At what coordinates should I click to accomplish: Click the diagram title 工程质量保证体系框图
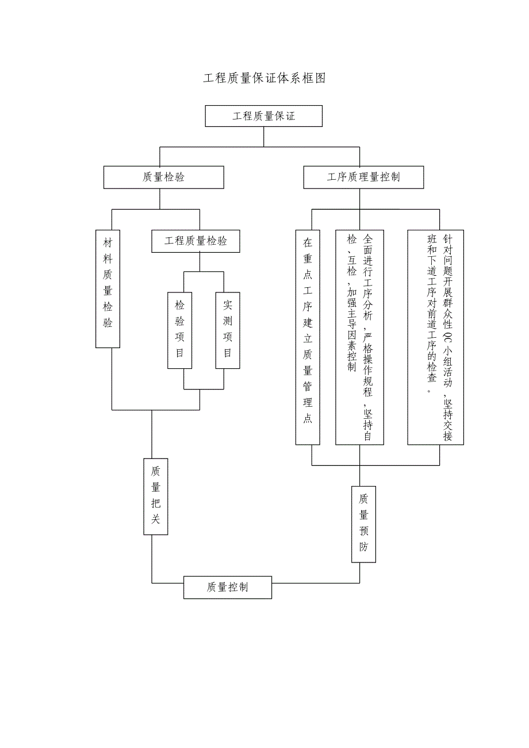(x=264, y=79)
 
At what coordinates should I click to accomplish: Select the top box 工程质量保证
(x=264, y=116)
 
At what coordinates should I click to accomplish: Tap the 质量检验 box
(x=164, y=178)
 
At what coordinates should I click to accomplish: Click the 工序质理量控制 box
(x=363, y=178)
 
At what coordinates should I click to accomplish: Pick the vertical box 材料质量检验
(x=108, y=289)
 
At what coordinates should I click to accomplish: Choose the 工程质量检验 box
(x=195, y=241)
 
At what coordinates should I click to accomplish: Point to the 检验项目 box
(x=179, y=330)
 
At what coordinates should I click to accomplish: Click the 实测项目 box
(x=228, y=330)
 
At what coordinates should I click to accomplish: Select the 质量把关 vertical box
(x=155, y=496)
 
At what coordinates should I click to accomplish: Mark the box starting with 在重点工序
(x=308, y=337)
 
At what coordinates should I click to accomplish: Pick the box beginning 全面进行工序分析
(x=360, y=337)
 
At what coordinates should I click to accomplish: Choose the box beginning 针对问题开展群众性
(x=435, y=337)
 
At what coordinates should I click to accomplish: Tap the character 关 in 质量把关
(x=155, y=520)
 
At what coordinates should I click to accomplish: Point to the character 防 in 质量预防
(x=363, y=547)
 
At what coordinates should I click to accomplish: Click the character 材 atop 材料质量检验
(x=108, y=244)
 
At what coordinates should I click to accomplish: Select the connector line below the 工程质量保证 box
(x=264, y=137)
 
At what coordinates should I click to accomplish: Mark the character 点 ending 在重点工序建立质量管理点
(x=308, y=419)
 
